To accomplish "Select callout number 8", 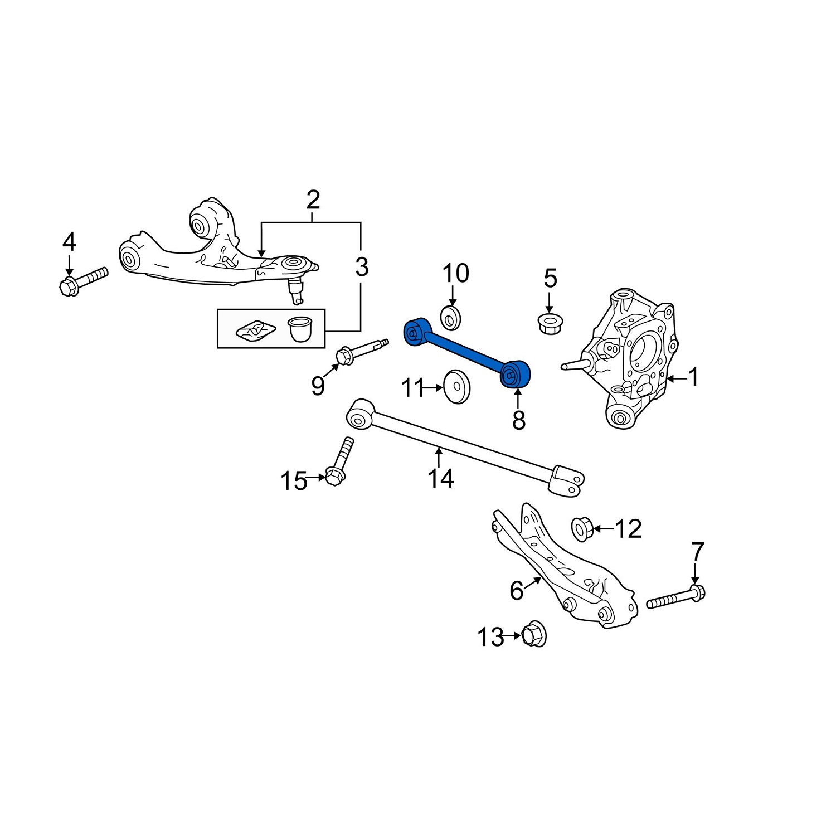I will click(518, 421).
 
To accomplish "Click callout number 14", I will click(440, 478).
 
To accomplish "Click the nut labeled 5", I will click(549, 323).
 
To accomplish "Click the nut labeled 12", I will click(581, 528).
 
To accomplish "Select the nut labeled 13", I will click(534, 634).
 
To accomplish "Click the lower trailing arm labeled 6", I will click(563, 568).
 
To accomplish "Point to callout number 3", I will click(362, 268).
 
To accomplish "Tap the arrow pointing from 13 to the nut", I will click(512, 635).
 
